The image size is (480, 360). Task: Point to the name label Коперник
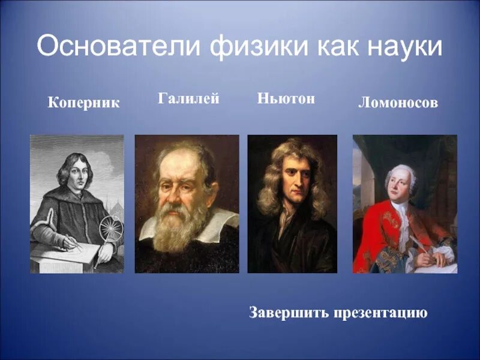click(x=84, y=103)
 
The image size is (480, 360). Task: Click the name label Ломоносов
click(x=398, y=103)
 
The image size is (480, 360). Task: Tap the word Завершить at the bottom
click(x=286, y=313)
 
